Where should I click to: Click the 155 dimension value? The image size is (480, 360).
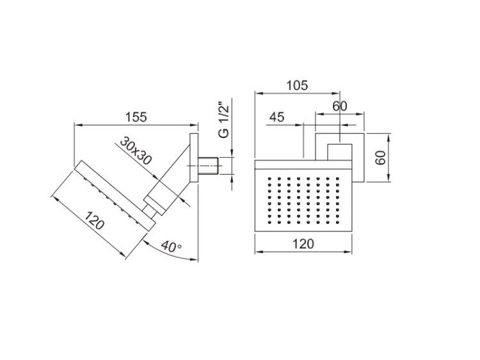(136, 117)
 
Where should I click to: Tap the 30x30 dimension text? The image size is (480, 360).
(136, 150)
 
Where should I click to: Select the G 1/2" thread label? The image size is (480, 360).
(224, 121)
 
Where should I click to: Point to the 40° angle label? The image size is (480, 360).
(171, 246)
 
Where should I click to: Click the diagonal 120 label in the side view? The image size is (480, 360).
(94, 220)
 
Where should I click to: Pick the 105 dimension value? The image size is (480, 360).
(297, 85)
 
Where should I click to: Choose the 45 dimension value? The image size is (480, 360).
(276, 117)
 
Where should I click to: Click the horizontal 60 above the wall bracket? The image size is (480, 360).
(340, 106)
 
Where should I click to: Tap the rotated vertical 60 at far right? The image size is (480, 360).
(381, 157)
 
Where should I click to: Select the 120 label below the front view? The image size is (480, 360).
(303, 244)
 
